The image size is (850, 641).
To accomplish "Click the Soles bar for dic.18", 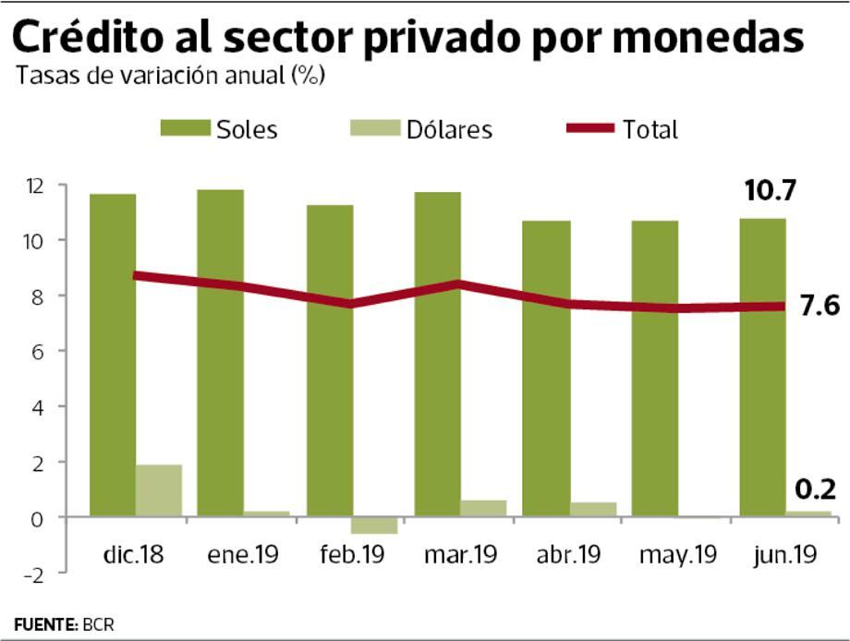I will click(x=113, y=355).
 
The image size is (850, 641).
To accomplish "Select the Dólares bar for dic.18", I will click(x=159, y=490).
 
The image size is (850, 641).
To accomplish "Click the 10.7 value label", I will click(x=771, y=192).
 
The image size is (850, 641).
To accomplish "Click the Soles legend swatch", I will click(x=184, y=128).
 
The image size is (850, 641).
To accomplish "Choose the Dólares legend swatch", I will click(x=373, y=128).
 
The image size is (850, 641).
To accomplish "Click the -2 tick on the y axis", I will click(x=34, y=573).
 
